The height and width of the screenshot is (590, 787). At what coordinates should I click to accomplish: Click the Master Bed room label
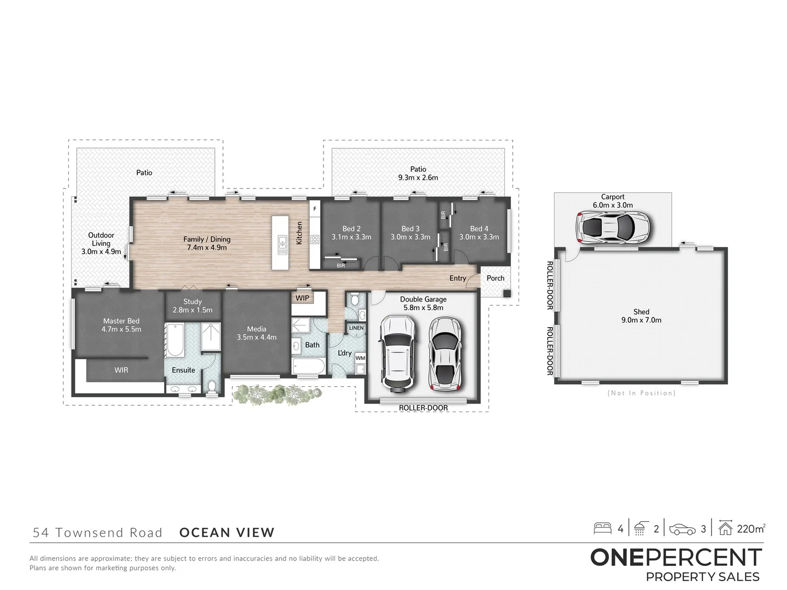point(121,321)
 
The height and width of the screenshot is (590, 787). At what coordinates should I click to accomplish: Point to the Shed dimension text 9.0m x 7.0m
point(641,320)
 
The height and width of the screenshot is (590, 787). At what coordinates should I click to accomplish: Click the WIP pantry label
point(302,298)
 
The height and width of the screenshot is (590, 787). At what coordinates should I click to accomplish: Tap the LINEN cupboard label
point(356,328)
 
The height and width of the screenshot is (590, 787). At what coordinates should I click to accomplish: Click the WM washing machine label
point(360,358)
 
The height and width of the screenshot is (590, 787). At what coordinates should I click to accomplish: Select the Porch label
point(496,278)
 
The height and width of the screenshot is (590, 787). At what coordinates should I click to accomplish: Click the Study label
point(192,302)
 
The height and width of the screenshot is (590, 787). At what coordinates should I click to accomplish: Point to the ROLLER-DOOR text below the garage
point(423,408)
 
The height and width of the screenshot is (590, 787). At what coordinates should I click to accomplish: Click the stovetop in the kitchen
point(315,239)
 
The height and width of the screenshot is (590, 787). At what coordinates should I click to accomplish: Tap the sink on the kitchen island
point(282,246)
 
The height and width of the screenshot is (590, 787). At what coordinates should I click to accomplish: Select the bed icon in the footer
point(603,528)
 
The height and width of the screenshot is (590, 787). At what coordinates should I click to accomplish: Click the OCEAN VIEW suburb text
point(227,533)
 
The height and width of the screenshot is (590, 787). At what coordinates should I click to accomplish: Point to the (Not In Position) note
point(641,393)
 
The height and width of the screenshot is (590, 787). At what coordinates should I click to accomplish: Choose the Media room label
point(256,329)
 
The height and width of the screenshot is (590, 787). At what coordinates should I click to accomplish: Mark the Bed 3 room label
point(410,229)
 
